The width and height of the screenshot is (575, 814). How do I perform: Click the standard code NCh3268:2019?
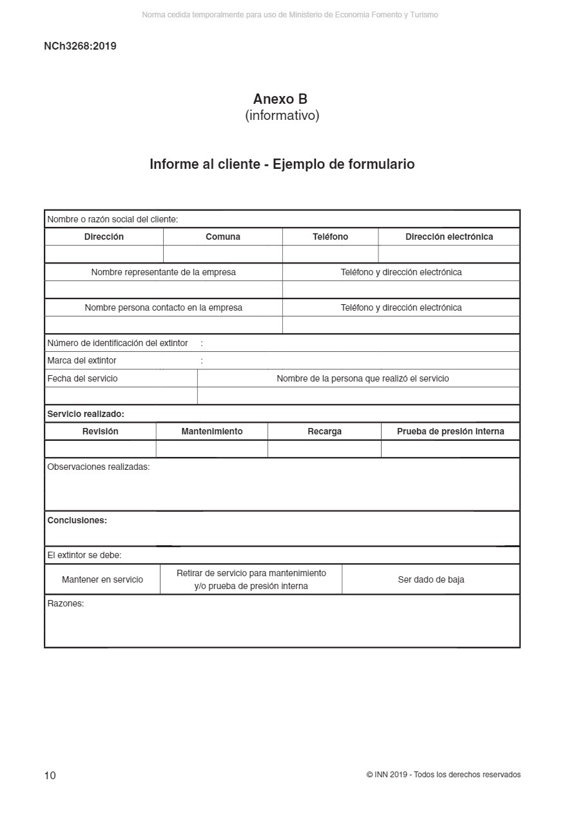click(80, 46)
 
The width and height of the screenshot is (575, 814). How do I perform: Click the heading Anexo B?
click(280, 99)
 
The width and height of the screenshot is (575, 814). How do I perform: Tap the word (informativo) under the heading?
click(282, 116)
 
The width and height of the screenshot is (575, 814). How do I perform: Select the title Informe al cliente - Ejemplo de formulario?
click(282, 164)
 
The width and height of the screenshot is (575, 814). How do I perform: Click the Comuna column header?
click(223, 237)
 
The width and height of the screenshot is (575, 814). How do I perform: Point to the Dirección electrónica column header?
click(449, 237)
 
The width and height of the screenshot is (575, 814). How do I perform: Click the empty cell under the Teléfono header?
click(330, 254)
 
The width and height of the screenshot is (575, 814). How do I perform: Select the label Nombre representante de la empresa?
click(163, 272)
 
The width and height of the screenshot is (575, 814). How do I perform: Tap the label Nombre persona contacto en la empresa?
click(163, 307)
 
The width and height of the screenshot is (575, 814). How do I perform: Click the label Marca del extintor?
click(82, 360)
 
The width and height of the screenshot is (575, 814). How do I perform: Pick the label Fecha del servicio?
click(83, 378)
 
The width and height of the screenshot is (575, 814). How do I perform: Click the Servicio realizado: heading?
click(86, 414)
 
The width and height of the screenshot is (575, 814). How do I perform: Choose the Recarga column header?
click(324, 431)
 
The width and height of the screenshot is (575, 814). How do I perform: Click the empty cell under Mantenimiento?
click(211, 449)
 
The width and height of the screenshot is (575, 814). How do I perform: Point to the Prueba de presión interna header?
click(450, 431)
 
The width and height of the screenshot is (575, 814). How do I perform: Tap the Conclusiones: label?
click(77, 520)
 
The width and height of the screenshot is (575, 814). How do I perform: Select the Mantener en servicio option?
click(102, 579)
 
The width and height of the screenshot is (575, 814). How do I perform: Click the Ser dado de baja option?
click(431, 579)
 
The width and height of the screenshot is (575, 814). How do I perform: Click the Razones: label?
click(66, 604)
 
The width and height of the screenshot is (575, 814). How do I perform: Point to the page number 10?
click(50, 775)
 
